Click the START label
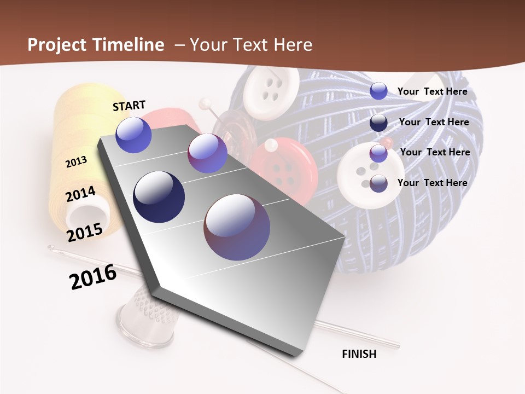tap(129, 106)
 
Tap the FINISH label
tap(359, 354)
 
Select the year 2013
tap(77, 162)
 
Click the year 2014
tap(81, 194)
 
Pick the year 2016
tap(93, 277)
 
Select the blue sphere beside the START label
tap(134, 135)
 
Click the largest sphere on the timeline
tap(237, 227)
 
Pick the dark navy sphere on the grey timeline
tap(159, 197)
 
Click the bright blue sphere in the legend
tap(378, 91)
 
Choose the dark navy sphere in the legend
tap(378, 123)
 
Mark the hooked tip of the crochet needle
tap(51, 248)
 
